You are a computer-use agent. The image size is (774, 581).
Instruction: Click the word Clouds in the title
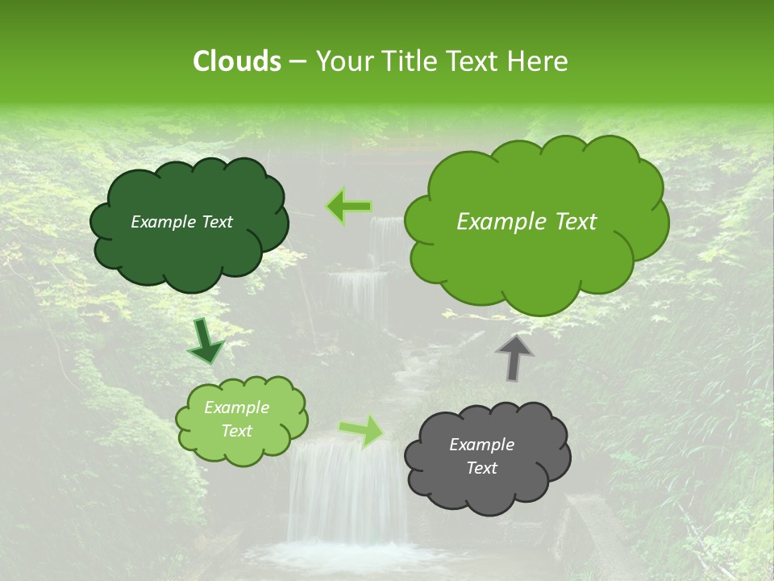coord(236,61)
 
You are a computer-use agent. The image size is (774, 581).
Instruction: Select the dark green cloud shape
coord(189,250)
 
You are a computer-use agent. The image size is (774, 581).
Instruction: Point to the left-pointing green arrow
coord(348,207)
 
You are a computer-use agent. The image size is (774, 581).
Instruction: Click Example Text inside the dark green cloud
coord(181,222)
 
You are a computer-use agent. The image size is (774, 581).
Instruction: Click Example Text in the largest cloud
coord(526,222)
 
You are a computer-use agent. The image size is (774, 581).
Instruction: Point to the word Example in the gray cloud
coord(481,445)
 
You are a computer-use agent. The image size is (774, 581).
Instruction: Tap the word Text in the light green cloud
coord(237,431)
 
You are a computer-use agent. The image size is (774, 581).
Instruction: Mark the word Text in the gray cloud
coord(482,468)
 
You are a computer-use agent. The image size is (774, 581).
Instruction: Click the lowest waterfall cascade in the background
coord(347,492)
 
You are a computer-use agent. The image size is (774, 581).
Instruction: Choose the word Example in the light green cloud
coord(237,408)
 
